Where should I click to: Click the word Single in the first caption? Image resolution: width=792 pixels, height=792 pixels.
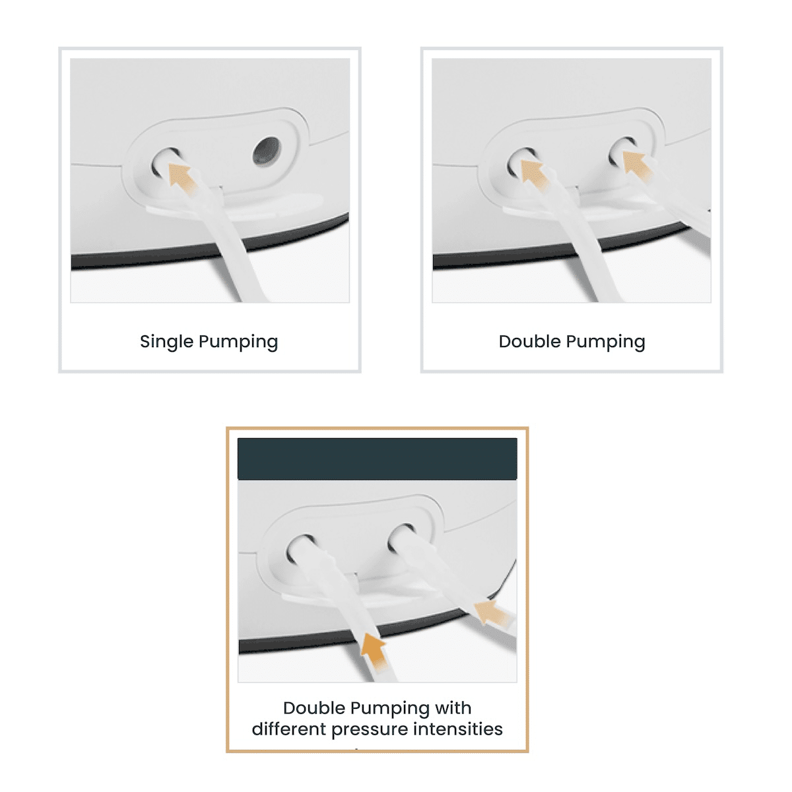coord(166,341)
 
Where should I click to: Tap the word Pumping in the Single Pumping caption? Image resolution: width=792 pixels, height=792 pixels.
coord(238,341)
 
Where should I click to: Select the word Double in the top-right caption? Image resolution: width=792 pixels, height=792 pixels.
coord(529,341)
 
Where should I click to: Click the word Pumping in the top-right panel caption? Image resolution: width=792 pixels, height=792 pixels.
coord(605,341)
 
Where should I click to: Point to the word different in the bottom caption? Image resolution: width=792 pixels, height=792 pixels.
coord(288,729)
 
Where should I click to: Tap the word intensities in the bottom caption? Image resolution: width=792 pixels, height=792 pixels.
coord(457,729)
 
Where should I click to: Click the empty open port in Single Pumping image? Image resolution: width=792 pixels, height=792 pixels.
coord(266,151)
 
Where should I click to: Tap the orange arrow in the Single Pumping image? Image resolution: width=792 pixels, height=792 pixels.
coord(182,178)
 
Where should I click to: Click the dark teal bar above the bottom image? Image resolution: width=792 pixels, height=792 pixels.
coord(378,459)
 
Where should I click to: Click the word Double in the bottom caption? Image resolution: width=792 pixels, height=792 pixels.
coord(314,708)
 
